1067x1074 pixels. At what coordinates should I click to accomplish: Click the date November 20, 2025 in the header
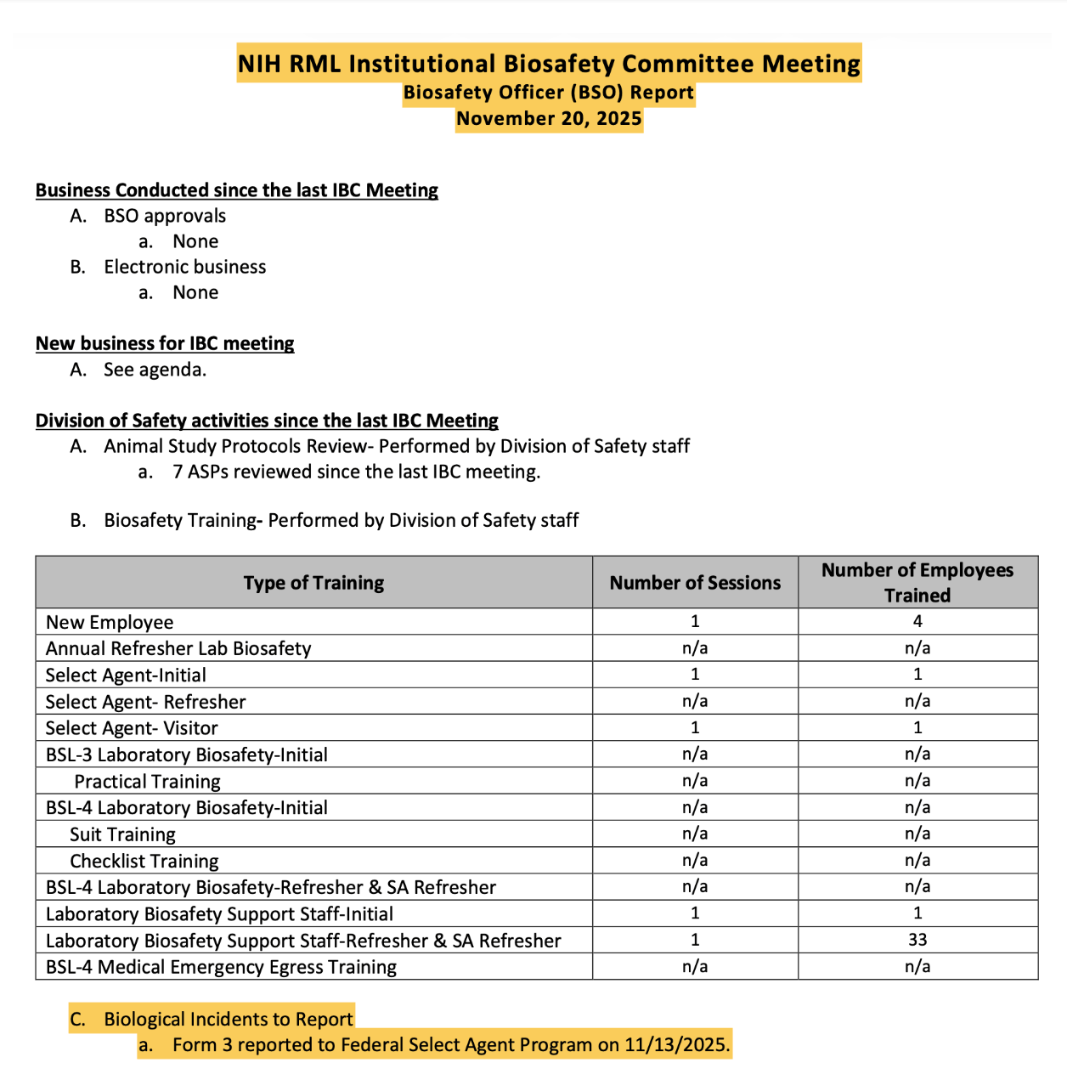point(549,118)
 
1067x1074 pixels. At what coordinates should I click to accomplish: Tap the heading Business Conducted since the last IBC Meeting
point(236,190)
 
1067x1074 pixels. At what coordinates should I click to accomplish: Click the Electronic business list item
point(184,267)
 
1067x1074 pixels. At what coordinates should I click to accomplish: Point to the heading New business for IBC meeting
point(165,343)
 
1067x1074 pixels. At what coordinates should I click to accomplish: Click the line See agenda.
point(155,370)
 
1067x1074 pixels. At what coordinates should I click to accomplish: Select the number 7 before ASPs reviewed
point(178,472)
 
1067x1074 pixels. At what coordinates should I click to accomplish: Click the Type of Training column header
point(313,583)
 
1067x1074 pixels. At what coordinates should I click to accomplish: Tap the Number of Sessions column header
point(695,583)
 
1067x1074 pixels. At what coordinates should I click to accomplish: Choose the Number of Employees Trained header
point(917,583)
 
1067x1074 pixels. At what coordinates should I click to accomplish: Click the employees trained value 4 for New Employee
point(917,621)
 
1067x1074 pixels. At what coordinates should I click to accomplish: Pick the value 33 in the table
point(917,940)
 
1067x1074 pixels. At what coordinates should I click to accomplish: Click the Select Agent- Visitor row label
point(132,728)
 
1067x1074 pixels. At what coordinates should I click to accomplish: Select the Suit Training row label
point(122,834)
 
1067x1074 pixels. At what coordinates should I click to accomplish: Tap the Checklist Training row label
point(144,861)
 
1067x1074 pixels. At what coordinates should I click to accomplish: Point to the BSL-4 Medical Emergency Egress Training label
point(221,967)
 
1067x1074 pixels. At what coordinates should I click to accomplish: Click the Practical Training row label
point(147,781)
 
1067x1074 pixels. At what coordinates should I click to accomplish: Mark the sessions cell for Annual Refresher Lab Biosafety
point(695,648)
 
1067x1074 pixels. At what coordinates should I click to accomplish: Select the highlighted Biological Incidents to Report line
point(228,1019)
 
